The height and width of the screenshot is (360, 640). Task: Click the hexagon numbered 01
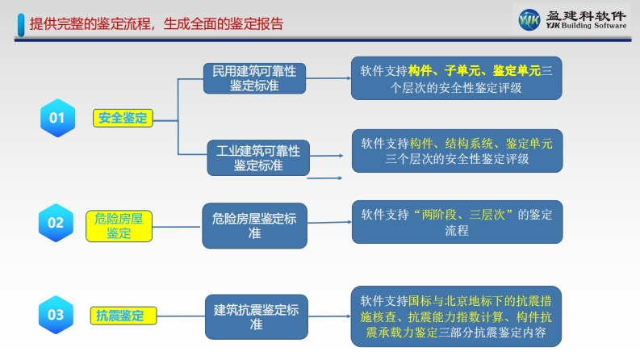57,118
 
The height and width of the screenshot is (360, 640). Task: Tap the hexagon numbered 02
56,223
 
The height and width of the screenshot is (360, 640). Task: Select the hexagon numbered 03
56,315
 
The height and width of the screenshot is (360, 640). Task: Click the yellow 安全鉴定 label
123,119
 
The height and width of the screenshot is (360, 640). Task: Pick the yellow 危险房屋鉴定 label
119,226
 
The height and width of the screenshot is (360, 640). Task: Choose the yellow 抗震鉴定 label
123,316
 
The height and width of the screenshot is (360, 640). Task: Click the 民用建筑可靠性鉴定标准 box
255,78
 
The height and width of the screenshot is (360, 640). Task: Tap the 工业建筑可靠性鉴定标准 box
258,158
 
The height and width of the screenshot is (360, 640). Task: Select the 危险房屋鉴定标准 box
255,226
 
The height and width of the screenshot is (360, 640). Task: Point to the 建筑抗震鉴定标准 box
257,316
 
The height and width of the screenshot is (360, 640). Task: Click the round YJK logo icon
529,19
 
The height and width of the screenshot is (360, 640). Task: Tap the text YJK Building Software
586,25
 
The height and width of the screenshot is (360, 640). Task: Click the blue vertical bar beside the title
21,25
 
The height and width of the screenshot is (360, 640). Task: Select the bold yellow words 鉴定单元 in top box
517,70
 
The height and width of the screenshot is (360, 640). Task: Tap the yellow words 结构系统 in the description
469,144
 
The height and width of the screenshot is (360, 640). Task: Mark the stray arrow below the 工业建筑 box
324,178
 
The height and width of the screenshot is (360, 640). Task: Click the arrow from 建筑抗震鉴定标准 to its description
329,316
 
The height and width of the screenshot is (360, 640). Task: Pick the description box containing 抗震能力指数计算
456,316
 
